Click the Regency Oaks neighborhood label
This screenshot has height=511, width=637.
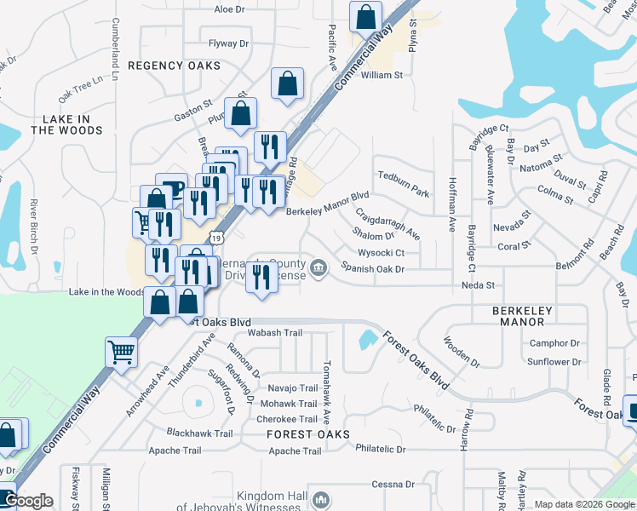tap(174, 66)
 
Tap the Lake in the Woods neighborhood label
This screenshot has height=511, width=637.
tap(66, 124)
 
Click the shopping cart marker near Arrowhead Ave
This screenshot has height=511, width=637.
tap(122, 351)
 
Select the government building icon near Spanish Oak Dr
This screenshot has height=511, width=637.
tap(318, 269)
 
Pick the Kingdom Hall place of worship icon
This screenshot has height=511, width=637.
tap(320, 500)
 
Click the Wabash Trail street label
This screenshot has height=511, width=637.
tap(276, 333)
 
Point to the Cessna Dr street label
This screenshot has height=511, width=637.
tap(393, 485)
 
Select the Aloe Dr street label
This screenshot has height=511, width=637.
tap(229, 9)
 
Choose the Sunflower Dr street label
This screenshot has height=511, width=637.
tap(554, 362)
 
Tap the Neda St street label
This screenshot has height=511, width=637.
tap(477, 286)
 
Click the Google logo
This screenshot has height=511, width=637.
tap(28, 501)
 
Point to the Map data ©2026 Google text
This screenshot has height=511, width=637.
tap(583, 504)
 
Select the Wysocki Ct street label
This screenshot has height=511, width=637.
tap(381, 253)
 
